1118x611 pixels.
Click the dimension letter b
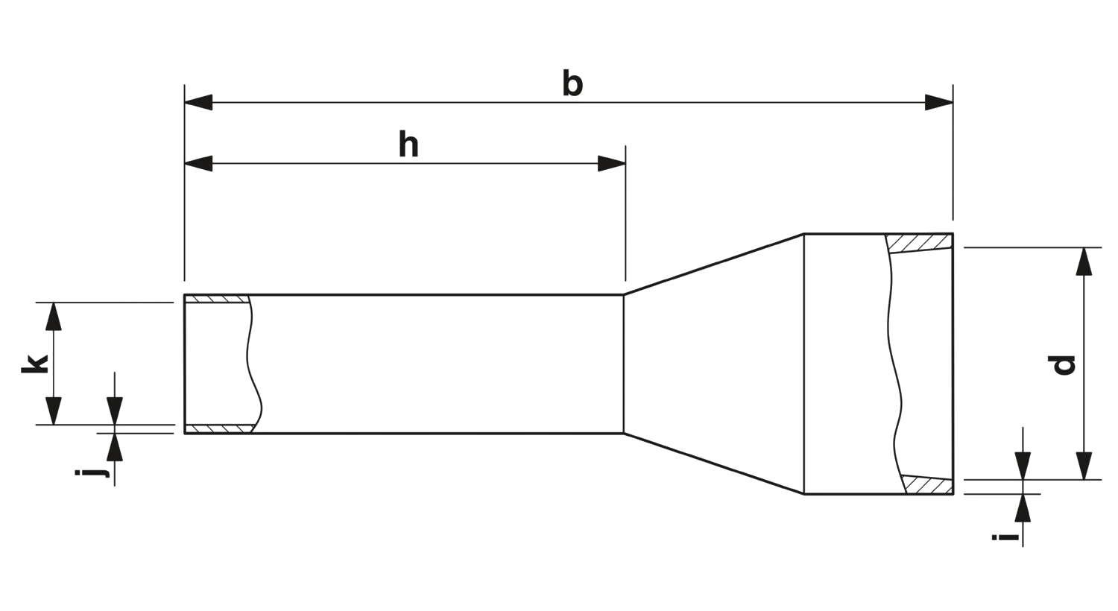tap(572, 85)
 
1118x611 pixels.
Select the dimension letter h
tap(408, 146)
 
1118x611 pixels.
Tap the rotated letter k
tap(32, 364)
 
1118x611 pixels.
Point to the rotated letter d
tap(1061, 365)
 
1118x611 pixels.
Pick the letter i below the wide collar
tap(1005, 536)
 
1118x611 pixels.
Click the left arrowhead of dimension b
tap(198, 103)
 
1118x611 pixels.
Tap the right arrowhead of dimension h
tap(610, 164)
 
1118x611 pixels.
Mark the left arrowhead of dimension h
tap(198, 164)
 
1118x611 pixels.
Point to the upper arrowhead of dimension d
tap(1085, 263)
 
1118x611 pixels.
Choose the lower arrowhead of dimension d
tap(1085, 463)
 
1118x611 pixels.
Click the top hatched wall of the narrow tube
tap(216, 300)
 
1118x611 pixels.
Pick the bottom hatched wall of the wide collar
tap(927, 485)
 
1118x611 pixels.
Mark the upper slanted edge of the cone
tap(714, 264)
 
